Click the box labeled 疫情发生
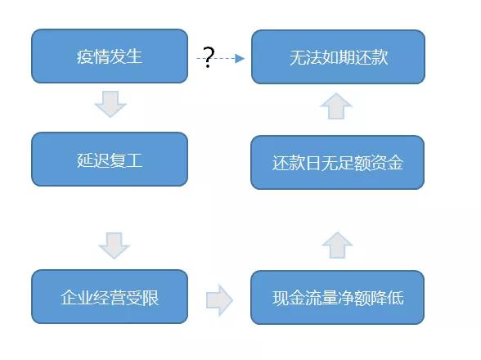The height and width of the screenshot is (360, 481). tap(110, 56)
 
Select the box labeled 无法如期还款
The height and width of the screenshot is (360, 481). tap(338, 56)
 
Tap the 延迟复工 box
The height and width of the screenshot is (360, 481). tap(110, 160)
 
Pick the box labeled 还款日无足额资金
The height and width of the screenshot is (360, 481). tap(337, 162)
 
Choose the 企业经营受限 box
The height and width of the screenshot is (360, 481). tap(110, 297)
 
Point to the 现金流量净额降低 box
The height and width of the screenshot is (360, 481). tap(337, 297)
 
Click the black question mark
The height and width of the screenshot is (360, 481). tap(209, 57)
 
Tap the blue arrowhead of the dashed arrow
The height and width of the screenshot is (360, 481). tap(240, 58)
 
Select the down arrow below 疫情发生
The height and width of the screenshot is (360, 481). tap(110, 104)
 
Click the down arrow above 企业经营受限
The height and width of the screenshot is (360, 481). tap(115, 245)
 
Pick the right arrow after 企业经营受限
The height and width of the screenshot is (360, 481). tap(219, 299)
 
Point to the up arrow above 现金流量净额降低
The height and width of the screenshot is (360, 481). tap(337, 245)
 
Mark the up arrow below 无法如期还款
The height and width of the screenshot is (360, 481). tap(336, 106)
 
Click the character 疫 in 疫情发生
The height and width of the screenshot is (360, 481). tap(85, 56)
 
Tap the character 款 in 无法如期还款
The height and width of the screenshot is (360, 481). tap(380, 57)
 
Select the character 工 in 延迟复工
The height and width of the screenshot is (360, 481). tap(134, 160)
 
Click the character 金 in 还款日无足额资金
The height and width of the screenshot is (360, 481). tap(395, 163)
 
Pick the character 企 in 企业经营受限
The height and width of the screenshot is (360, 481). tap(69, 297)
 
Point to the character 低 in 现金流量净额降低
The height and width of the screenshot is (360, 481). tap(395, 298)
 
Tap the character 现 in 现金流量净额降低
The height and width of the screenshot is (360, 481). tap(281, 298)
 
